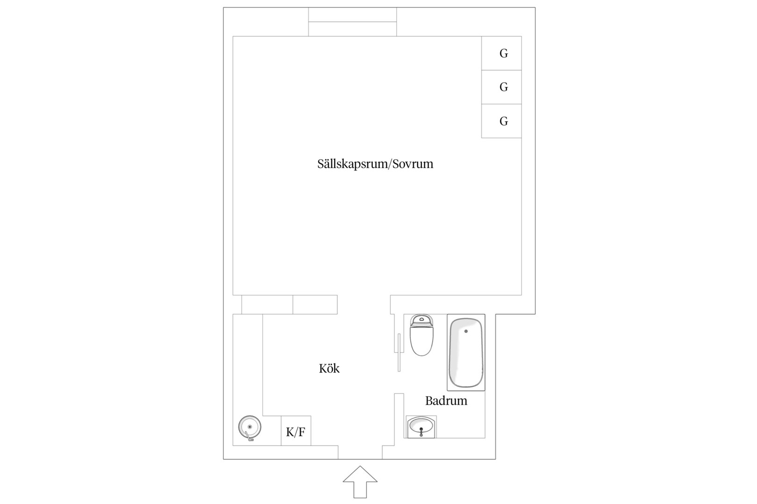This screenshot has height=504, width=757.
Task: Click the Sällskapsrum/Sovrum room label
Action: click(x=375, y=164)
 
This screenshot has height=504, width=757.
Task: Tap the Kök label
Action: click(x=329, y=368)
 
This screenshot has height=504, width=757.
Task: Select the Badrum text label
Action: click(x=446, y=401)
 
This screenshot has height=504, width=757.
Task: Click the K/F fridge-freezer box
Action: click(x=296, y=431)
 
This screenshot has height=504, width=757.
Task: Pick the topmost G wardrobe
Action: click(x=501, y=53)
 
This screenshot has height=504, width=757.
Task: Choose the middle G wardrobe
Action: click(x=501, y=87)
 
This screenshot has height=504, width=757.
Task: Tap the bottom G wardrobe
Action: click(x=501, y=121)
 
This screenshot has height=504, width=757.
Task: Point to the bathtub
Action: click(x=466, y=352)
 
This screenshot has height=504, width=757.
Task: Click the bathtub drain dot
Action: click(x=466, y=331)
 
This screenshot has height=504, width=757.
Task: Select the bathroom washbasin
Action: click(x=421, y=427)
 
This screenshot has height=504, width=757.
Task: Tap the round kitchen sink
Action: click(x=250, y=427)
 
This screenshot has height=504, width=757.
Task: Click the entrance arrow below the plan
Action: click(x=360, y=482)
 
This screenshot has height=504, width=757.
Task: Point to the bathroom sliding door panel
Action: click(x=399, y=352)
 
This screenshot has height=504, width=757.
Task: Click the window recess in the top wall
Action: click(x=352, y=22)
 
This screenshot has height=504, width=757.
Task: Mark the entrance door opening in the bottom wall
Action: click(x=360, y=452)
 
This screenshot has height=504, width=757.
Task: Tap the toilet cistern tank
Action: click(x=421, y=320)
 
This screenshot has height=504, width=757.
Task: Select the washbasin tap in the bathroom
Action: click(x=421, y=433)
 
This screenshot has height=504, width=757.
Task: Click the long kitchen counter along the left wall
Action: click(x=248, y=380)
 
